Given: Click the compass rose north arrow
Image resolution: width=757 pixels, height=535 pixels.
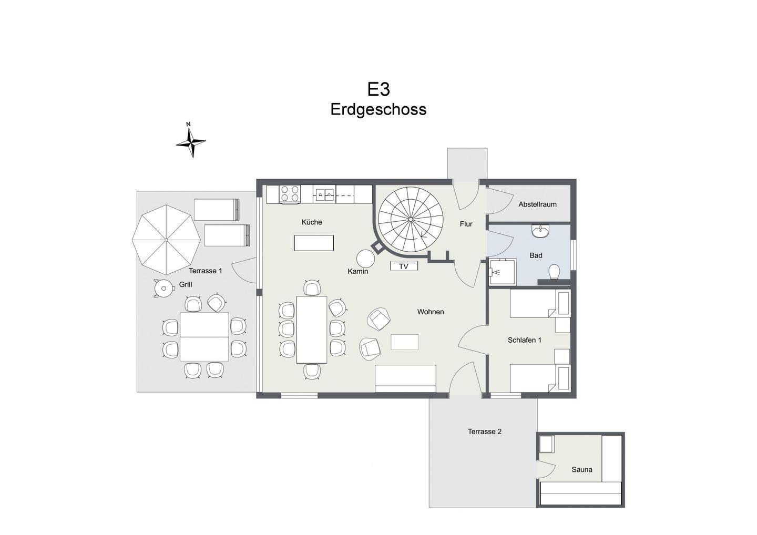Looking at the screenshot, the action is point(191,140).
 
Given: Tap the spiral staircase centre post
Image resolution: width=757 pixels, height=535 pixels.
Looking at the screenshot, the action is point(410,220).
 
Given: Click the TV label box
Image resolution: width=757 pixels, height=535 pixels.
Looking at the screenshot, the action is point(404,266).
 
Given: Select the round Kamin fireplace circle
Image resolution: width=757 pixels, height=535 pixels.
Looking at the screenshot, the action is point(365,259).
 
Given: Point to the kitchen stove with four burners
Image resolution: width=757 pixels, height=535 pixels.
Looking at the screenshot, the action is point(290,194).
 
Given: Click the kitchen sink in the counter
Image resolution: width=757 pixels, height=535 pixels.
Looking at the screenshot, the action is point(324,194).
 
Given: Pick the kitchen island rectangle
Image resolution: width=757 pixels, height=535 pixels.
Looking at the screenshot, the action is point(314,243).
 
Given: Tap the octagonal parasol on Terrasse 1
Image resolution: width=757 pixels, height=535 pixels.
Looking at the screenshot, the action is point(166,240).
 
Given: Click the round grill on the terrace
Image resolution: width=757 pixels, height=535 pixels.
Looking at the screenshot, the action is point(163,289).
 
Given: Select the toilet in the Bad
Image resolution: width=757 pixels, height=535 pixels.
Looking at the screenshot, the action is point(554,272).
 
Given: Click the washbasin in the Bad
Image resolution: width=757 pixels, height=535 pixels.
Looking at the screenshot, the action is point(541,231).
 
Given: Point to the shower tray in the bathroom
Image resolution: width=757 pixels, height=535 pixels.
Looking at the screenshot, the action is point(503,272).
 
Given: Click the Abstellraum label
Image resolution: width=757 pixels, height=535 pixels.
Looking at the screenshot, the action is point(537,204).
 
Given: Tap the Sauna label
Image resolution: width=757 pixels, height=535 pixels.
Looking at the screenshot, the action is point(581,469).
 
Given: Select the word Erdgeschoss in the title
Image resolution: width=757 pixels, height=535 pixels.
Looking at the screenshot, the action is point(378,109).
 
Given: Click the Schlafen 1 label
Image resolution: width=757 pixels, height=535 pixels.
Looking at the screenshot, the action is point(525,340).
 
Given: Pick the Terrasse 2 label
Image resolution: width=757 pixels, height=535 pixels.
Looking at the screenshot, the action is point(485,431).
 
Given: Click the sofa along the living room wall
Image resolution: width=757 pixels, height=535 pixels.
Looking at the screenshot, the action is point(405,378).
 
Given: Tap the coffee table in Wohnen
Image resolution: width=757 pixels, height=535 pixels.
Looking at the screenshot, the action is point(405,342).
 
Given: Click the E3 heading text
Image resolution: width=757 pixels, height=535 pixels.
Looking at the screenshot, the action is point(378,89).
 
